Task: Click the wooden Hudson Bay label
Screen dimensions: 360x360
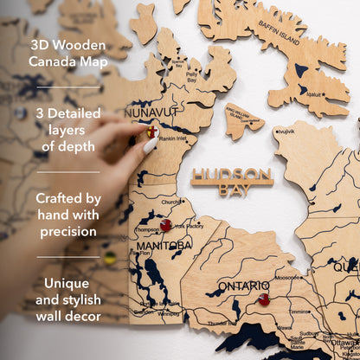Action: (232, 177)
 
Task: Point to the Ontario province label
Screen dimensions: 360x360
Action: (243, 286)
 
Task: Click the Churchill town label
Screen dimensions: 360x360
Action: (171, 202)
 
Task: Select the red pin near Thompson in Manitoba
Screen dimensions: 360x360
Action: (165, 226)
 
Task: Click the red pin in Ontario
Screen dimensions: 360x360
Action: (264, 300)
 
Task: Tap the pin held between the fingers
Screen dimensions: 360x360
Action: (151, 132)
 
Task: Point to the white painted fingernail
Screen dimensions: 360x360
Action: (150, 145)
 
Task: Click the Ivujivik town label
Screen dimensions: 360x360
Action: (286, 131)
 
